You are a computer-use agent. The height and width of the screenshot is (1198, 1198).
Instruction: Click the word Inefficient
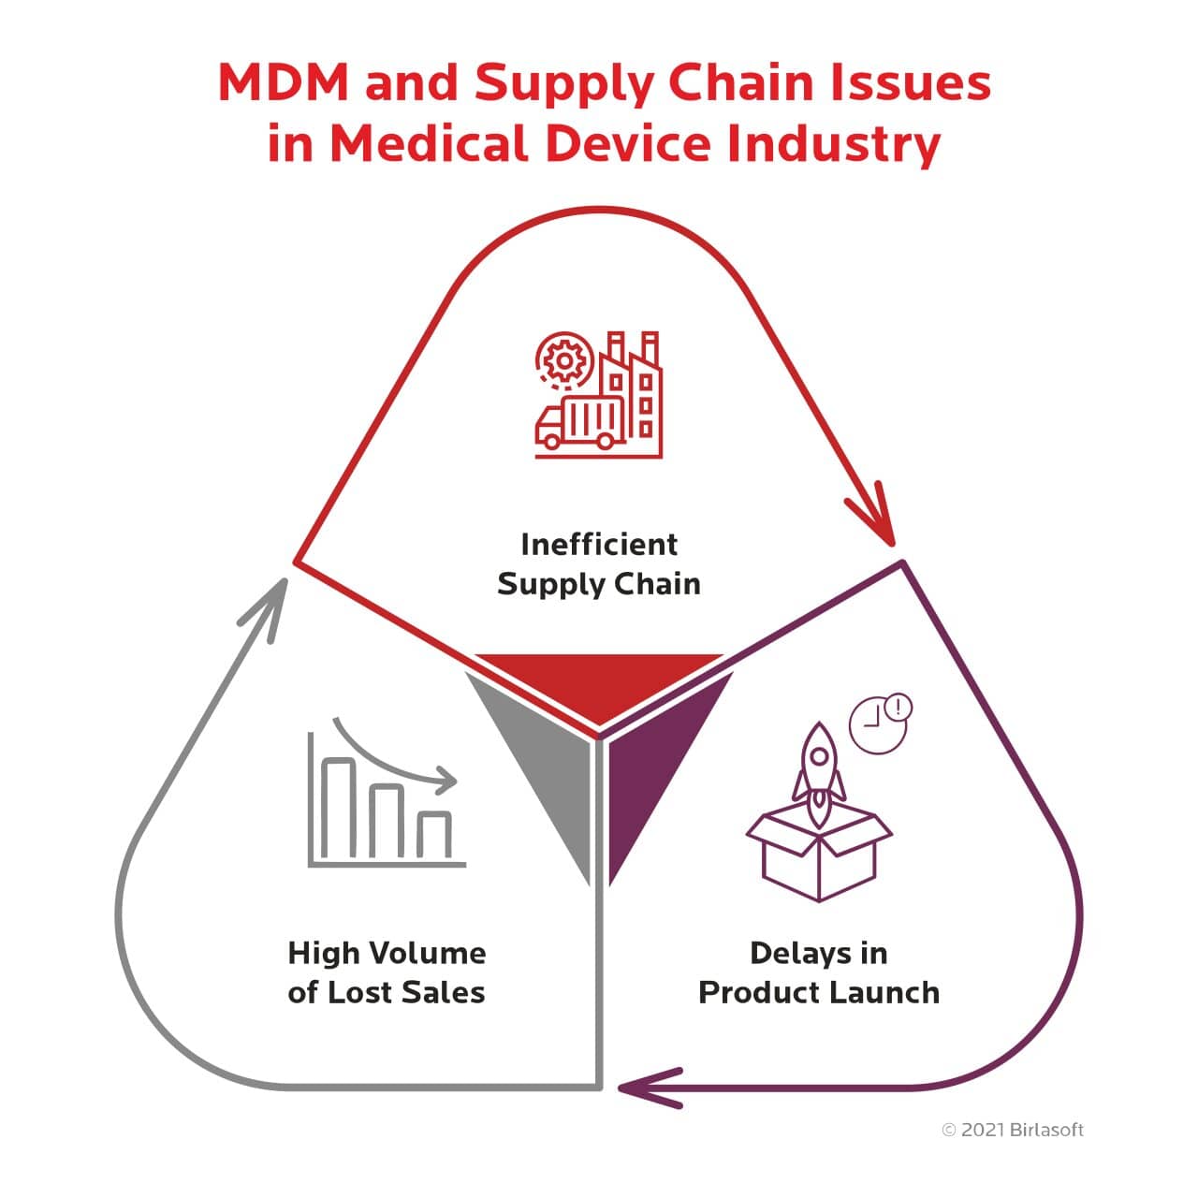(599, 544)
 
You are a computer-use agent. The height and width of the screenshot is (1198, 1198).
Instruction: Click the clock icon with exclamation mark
(880, 723)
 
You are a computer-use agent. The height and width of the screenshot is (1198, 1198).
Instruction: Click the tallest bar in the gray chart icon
(339, 810)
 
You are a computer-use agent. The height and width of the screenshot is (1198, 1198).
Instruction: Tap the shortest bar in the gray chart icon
(434, 835)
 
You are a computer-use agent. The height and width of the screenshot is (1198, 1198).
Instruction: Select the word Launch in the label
(885, 992)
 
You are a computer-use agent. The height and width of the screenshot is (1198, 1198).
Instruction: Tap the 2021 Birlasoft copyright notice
(1013, 1130)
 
